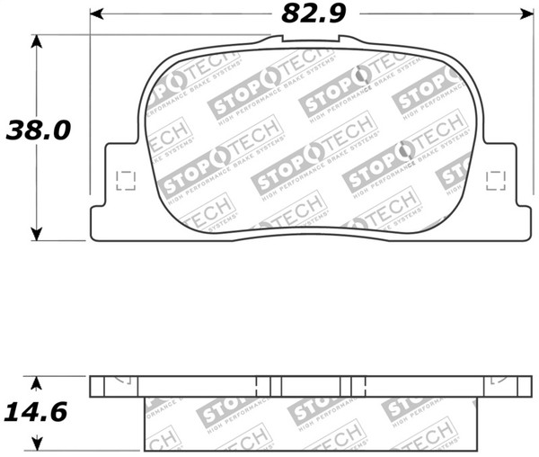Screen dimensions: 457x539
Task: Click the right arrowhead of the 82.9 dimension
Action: pos(526,14)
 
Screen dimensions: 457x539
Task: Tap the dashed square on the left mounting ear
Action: pos(125,181)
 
